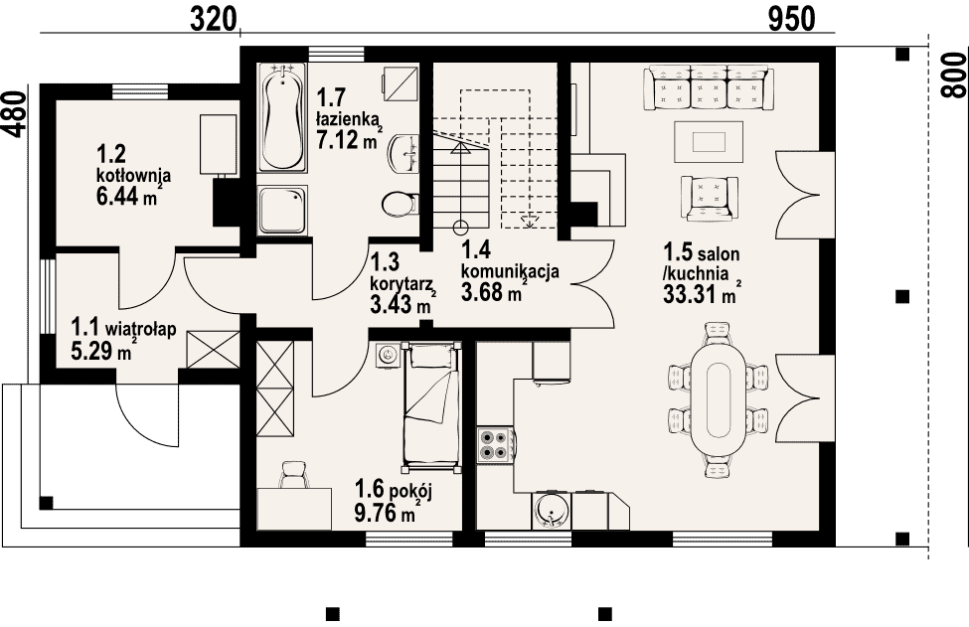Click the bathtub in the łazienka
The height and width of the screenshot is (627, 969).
(x=282, y=116)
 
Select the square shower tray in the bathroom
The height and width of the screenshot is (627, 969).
(x=282, y=210)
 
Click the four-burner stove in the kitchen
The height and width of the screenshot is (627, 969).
(x=495, y=446)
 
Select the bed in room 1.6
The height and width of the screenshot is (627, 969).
(x=431, y=405)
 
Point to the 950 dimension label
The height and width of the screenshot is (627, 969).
(x=792, y=19)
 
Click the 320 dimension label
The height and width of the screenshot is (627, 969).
(x=214, y=19)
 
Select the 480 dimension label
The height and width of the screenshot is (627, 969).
(x=16, y=113)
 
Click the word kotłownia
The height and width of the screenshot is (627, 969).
(x=133, y=176)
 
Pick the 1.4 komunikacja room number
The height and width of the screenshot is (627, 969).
(x=475, y=249)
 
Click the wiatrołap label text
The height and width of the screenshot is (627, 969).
(x=141, y=328)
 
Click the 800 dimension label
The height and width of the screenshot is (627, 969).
(x=954, y=75)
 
